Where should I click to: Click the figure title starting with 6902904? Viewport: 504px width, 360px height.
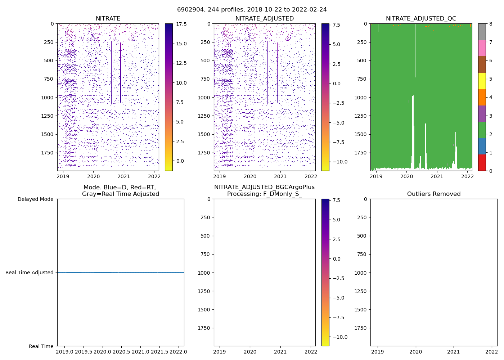(x=252, y=10)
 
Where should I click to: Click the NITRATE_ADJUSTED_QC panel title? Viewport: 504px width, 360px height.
(x=421, y=19)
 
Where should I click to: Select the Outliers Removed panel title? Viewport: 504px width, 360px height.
(x=433, y=194)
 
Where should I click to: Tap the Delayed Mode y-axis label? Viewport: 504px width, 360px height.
(x=35, y=199)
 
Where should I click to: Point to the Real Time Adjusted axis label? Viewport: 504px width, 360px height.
(x=30, y=273)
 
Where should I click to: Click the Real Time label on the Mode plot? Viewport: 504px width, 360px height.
(x=41, y=346)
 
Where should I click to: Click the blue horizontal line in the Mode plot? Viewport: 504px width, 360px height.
(x=121, y=273)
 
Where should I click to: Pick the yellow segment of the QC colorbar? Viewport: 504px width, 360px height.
(x=482, y=81)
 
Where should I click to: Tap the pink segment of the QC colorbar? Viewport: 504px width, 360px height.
(x=482, y=48)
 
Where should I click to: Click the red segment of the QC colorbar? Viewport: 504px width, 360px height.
(x=482, y=163)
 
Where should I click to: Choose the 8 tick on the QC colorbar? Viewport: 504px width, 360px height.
(x=491, y=24)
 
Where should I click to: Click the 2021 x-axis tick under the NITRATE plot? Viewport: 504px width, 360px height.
(x=124, y=176)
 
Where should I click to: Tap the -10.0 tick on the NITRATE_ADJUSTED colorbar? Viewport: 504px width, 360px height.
(x=339, y=162)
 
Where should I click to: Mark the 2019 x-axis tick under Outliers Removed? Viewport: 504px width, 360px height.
(x=378, y=352)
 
